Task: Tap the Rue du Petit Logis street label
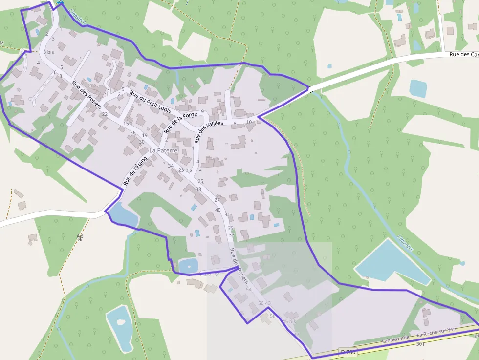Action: (x=151, y=103)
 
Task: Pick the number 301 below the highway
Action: (x=420, y=344)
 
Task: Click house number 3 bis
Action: (x=48, y=52)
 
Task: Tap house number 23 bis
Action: (x=185, y=170)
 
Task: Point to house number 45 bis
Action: (x=289, y=321)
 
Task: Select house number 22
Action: (x=105, y=114)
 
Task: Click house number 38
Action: (x=198, y=189)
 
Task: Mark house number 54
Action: (x=248, y=290)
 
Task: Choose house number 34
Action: (x=171, y=166)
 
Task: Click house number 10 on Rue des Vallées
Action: (x=249, y=122)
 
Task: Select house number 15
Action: (x=126, y=124)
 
